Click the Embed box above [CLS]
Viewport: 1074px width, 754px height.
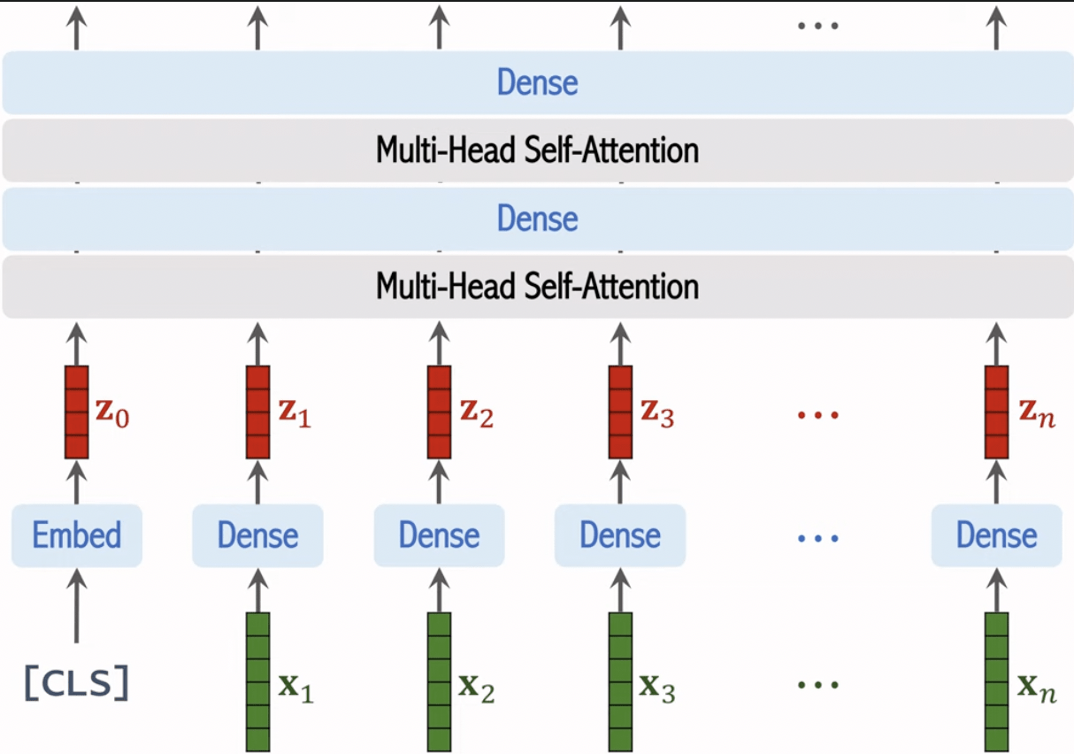77,535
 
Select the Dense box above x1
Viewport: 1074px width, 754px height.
257,535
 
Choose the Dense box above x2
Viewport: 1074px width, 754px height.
439,535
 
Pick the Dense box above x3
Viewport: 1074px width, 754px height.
620,535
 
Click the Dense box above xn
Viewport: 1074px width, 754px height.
996,535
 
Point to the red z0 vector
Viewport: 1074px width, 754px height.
77,412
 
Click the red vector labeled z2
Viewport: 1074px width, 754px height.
439,412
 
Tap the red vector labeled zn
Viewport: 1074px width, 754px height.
996,412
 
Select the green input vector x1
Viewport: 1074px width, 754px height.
257,681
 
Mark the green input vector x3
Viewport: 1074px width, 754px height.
620,681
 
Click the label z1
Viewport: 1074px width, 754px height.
295,414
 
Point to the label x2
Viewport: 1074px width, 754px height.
476,688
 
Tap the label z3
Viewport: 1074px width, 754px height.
657,414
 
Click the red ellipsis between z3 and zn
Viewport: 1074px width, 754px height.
817,414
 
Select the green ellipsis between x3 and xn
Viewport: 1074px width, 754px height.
817,685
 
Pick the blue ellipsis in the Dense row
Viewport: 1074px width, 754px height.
817,537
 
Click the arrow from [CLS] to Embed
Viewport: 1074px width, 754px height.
77,606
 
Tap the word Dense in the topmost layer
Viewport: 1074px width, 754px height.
537,83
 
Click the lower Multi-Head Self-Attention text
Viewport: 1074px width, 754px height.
537,287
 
